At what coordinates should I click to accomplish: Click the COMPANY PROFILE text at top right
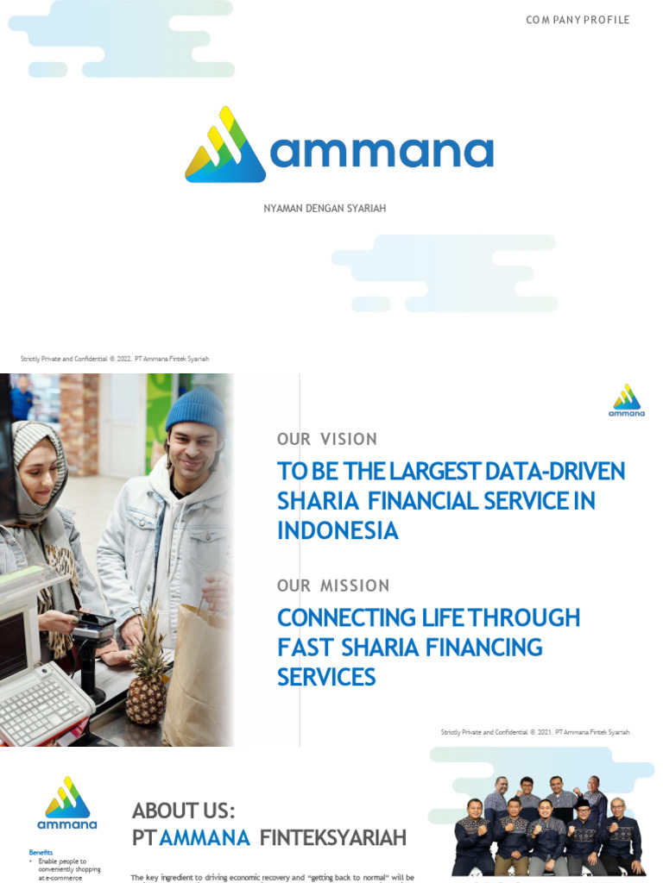click(578, 20)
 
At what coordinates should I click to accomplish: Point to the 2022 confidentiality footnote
click(115, 359)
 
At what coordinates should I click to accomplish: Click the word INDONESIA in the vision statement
click(338, 531)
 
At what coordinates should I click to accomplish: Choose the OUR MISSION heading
click(333, 586)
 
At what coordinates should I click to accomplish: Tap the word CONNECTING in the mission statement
click(333, 618)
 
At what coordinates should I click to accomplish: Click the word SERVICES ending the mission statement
click(326, 677)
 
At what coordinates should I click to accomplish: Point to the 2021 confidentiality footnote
click(535, 732)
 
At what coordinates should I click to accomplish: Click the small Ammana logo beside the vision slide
click(627, 401)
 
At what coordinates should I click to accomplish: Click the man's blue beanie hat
click(195, 409)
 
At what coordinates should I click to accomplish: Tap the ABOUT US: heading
click(183, 811)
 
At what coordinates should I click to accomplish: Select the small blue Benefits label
click(41, 852)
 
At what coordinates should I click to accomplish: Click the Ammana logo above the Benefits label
click(66, 803)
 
